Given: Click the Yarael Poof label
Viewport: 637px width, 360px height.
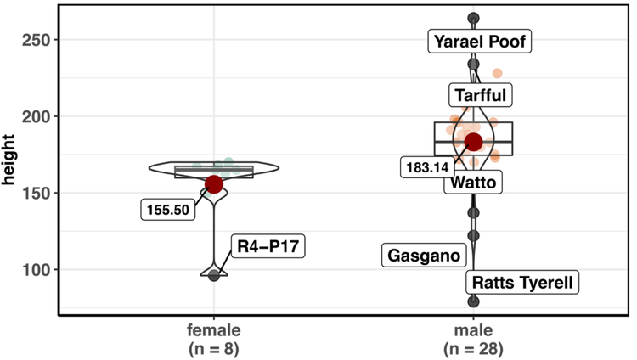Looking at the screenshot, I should pos(480,42).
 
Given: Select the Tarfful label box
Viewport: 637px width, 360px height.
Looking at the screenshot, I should pos(480,94).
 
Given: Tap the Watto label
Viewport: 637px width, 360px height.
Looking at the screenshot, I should pos(473,182).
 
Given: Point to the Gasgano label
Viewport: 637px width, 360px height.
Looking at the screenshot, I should pos(424,255).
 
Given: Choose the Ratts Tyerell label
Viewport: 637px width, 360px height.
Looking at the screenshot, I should pos(522,282).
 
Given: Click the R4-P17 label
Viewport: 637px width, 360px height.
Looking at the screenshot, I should pos(269,247).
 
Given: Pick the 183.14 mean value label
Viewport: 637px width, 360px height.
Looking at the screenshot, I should pos(427,167).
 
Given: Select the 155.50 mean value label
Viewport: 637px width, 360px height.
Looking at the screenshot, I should pos(168,210).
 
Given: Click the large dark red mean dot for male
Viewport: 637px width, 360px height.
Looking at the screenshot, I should pos(473,142).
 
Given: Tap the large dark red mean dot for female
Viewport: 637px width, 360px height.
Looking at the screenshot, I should pos(214,183).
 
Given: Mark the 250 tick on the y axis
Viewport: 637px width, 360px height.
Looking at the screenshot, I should pos(42,40).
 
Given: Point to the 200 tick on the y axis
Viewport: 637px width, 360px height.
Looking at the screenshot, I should pos(42,116).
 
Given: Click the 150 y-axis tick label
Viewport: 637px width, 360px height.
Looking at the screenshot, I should pos(42,193).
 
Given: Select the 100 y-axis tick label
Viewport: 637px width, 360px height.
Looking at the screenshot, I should pos(42,269).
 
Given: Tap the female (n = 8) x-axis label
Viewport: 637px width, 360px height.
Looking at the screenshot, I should pos(214,339).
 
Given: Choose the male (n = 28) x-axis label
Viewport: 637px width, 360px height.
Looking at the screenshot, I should pos(473,339).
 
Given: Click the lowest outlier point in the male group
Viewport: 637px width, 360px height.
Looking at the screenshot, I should pos(473,301).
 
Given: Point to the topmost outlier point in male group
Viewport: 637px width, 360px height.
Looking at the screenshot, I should pos(473,19).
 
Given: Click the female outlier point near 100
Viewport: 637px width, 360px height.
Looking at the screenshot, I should pos(214,275).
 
